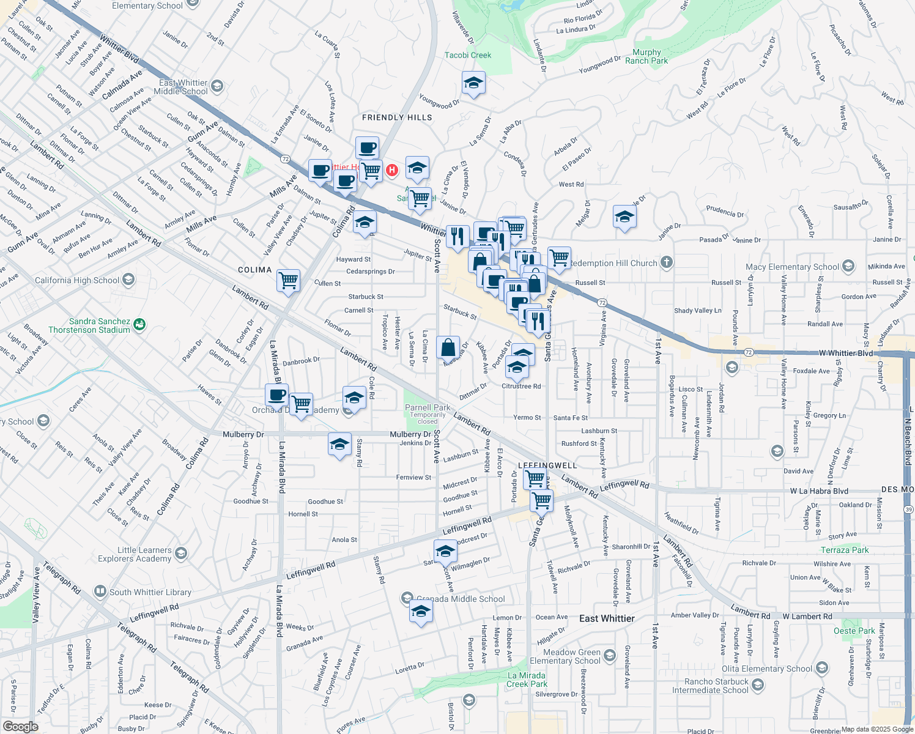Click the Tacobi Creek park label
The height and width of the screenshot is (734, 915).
468,55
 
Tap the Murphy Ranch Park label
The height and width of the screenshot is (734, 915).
646,57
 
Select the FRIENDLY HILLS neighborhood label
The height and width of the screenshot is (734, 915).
397,117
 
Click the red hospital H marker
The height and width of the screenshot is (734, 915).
392,169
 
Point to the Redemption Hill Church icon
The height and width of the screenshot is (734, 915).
667,263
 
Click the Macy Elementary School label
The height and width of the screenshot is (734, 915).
792,267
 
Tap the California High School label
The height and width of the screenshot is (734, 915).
77,280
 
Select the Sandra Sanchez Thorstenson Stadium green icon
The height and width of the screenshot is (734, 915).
139,324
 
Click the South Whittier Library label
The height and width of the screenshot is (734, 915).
150,592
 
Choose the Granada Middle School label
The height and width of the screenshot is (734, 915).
461,599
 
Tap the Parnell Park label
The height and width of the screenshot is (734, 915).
428,407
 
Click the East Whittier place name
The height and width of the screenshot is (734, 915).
607,618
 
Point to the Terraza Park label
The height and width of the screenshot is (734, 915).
845,550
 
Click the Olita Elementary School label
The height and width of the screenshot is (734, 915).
767,669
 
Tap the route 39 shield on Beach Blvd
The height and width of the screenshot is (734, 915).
909,510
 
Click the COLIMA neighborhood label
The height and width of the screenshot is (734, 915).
254,270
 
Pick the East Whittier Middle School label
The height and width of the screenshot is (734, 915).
181,87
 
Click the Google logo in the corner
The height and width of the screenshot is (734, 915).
20,726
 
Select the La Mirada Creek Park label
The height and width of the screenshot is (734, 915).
527,680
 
